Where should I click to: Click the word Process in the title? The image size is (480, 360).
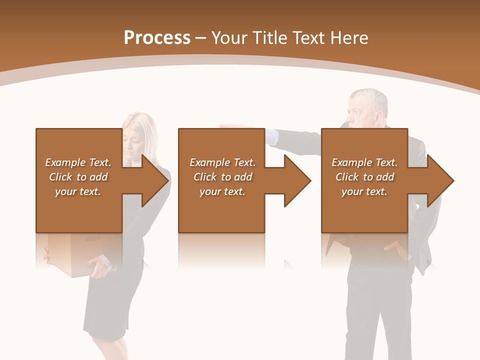[x=157, y=38]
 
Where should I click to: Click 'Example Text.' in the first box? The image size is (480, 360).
[x=78, y=162]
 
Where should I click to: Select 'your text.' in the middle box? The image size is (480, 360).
[x=222, y=192]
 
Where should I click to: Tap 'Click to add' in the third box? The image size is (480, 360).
[x=364, y=177]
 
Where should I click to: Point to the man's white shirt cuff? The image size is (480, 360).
[x=270, y=136]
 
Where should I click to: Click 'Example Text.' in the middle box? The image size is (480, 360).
[x=222, y=162]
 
